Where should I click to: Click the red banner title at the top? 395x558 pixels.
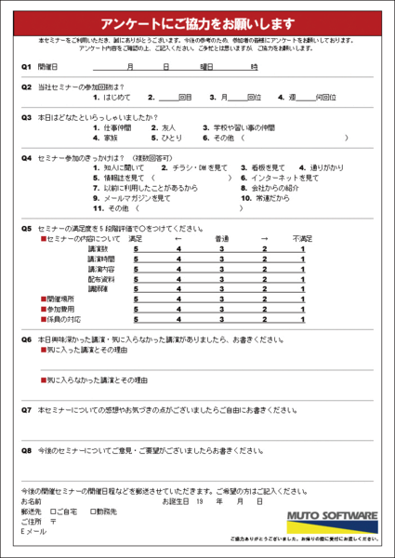point(197,22)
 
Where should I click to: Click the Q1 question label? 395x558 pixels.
point(27,67)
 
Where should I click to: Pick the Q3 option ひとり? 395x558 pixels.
point(167,138)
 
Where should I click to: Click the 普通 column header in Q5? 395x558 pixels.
point(222,239)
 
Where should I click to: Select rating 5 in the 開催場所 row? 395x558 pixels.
point(136,299)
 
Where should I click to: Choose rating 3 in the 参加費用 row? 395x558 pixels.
point(222,309)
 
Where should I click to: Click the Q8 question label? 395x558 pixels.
point(27,449)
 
